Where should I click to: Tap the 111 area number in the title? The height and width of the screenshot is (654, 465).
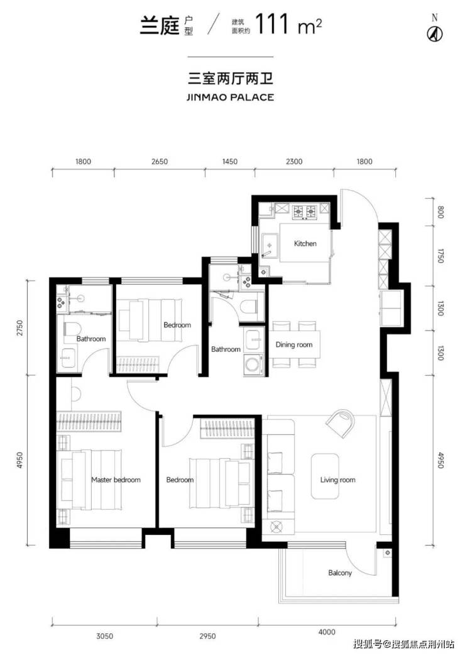coord(272,24)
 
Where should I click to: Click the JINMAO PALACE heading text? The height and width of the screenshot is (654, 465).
coord(230,98)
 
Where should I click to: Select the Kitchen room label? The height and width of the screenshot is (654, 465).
coord(305,243)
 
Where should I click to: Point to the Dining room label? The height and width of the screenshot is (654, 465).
coord(294,344)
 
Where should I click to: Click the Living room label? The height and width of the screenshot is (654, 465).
coord(337,480)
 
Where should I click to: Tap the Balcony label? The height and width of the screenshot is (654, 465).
coord(340,573)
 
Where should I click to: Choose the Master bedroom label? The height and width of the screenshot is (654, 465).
coord(116,480)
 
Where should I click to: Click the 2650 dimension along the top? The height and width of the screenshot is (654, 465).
coord(160,161)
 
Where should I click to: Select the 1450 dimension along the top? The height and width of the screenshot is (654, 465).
coord(229,161)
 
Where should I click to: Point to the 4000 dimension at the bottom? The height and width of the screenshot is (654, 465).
coord(327,632)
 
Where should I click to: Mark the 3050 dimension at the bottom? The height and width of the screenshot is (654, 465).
coord(104,636)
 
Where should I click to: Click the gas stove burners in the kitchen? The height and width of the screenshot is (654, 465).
coord(305,212)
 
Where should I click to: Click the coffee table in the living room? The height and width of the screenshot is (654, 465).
coord(325,476)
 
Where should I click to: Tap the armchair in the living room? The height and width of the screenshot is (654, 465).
coord(341,424)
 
